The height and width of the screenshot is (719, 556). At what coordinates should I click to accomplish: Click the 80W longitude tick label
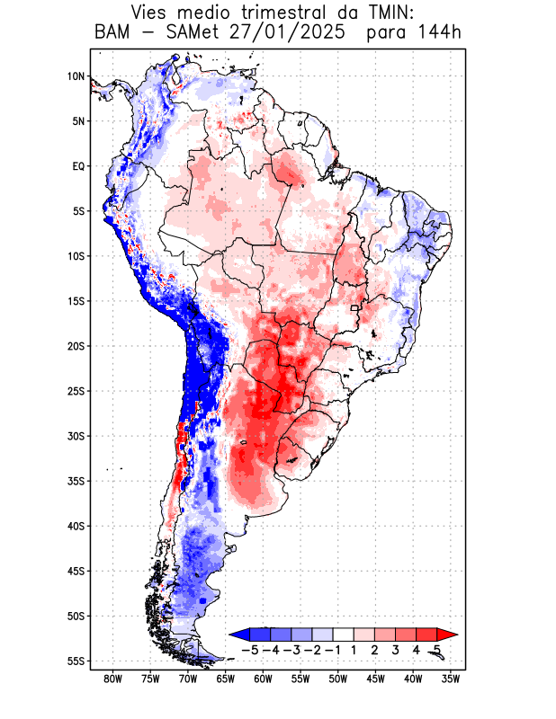[112, 679]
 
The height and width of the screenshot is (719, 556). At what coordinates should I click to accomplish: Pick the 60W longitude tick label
[264, 679]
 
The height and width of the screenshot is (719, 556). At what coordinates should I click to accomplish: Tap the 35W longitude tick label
[452, 679]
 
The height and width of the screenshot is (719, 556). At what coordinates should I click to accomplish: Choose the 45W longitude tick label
[376, 679]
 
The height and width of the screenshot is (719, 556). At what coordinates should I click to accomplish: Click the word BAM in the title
[112, 33]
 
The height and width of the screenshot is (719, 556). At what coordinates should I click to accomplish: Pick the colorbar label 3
[395, 649]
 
